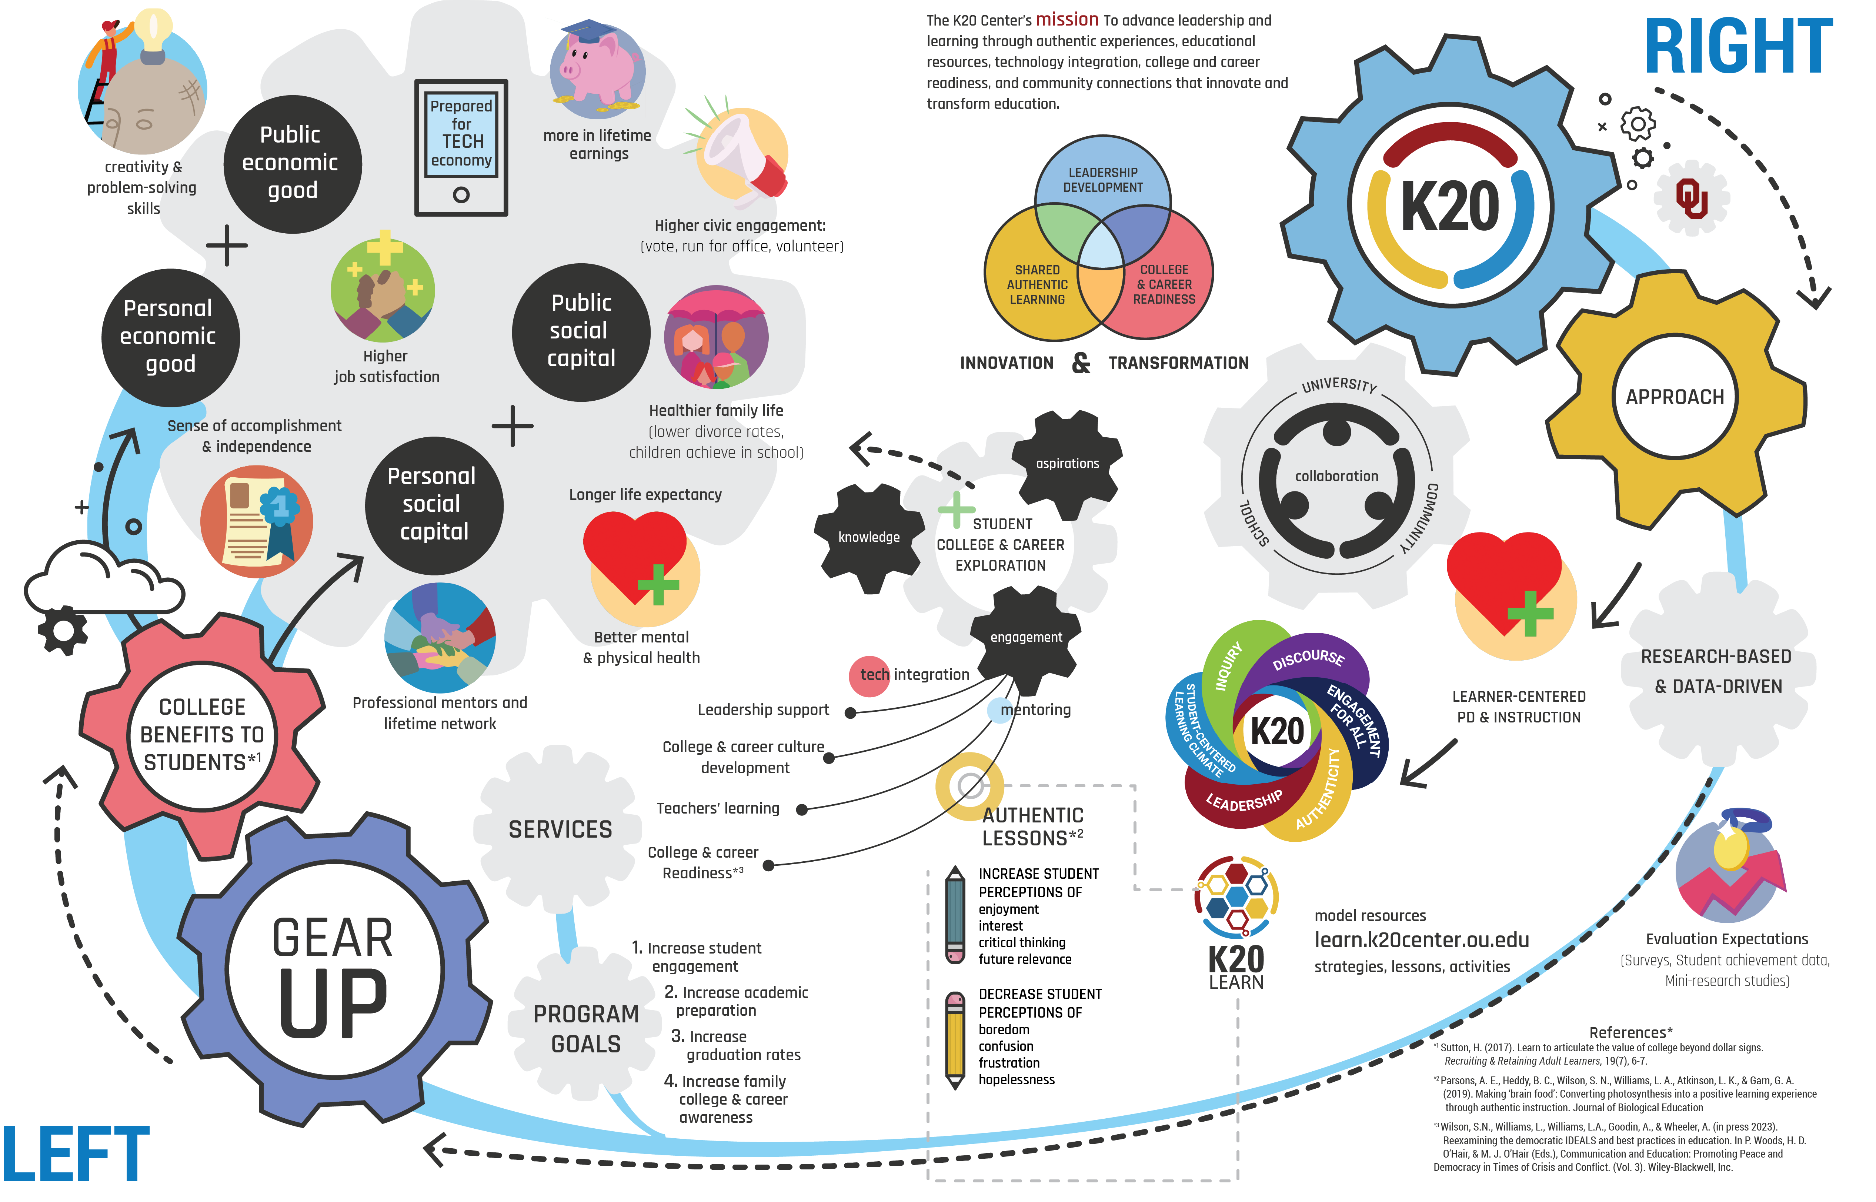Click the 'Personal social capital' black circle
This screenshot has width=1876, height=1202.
coord(434,505)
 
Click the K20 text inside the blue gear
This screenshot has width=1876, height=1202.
coord(1450,206)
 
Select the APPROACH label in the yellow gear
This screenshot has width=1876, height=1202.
coord(1675,397)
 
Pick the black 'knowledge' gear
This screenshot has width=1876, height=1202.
coord(868,537)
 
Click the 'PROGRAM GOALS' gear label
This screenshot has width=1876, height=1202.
coord(586,1029)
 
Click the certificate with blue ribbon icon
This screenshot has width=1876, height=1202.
coord(257,521)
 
